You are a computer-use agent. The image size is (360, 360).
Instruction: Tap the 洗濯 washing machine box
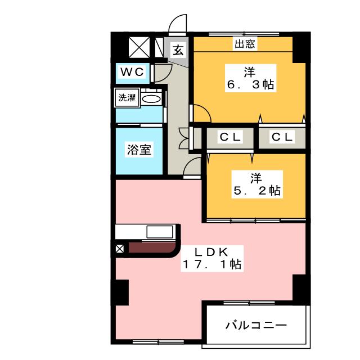coord(127,97)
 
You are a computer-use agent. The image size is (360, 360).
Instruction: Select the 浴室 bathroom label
coord(138,150)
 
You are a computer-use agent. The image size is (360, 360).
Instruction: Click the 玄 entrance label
coord(178,51)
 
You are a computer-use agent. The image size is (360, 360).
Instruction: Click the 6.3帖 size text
coord(250,85)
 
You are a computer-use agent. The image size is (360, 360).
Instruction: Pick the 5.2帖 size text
coord(257,191)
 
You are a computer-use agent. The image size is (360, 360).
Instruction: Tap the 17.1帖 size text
coord(211,263)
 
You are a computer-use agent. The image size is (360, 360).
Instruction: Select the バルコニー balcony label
coord(256,325)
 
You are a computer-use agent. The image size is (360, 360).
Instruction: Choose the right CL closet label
coord(281,137)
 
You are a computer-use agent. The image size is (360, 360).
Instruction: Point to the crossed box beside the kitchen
coord(119,247)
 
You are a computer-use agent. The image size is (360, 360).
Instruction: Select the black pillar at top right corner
coord(301,46)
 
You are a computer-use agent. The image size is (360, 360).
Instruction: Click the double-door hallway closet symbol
coord(183,136)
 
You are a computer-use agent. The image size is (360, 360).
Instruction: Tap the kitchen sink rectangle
coord(161,232)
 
